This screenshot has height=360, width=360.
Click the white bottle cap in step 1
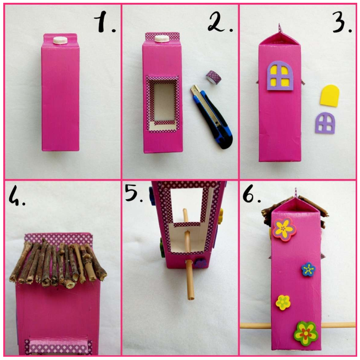(60, 40)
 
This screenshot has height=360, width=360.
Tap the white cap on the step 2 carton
(162, 39)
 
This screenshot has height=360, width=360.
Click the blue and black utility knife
(212, 117)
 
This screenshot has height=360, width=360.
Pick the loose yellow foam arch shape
(329, 96)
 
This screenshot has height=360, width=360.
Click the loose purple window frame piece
(325, 123)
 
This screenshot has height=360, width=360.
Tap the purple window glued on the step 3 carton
(280, 75)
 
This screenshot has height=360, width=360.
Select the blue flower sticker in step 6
(308, 269)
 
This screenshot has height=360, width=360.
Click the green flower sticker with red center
(306, 334)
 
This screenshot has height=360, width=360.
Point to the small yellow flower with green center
(283, 302)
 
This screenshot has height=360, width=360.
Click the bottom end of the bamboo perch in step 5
(190, 298)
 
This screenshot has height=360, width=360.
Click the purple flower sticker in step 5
(200, 263)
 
